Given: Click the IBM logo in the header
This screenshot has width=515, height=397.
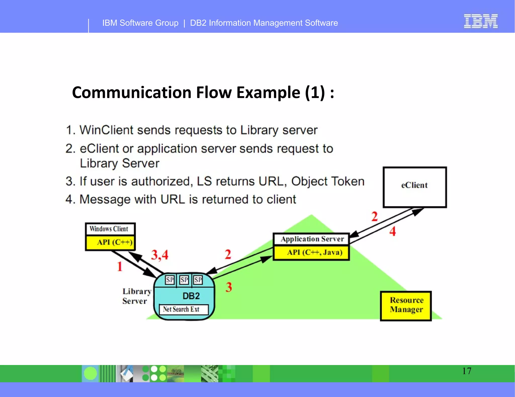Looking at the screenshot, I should click(481, 21).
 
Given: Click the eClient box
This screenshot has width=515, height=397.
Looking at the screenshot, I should click(415, 187).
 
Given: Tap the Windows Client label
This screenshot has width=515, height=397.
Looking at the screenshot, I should click(109, 229).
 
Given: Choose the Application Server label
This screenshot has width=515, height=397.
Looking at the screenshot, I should click(312, 239).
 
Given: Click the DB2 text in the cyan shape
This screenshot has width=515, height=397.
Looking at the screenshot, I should click(191, 296).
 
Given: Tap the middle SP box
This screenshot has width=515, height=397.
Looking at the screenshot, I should click(184, 280).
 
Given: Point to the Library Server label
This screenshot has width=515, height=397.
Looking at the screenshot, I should click(136, 296).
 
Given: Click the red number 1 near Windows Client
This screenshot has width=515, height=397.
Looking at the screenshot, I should click(120, 266).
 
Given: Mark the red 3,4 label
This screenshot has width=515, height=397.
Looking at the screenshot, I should click(159, 255).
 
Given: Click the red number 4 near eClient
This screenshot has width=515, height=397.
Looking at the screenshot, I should click(393, 231).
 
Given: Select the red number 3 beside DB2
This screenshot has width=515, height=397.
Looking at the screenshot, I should click(229, 287).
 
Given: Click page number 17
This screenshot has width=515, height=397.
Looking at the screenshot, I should click(466, 371).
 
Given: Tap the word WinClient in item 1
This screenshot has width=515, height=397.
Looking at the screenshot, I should click(106, 130).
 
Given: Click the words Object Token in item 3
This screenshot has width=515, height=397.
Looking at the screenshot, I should click(328, 181).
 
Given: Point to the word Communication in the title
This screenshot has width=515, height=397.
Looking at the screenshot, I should click(132, 92).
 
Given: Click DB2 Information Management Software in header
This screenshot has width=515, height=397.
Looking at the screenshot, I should click(264, 23).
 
